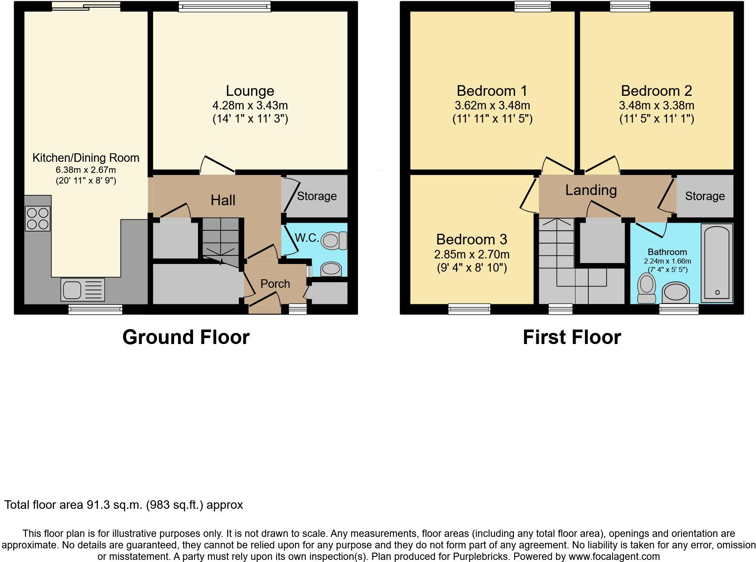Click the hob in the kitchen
pos(38,218)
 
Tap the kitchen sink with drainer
pos(83,290)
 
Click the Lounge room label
pos(250,91)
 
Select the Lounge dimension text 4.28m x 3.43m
pos(250,105)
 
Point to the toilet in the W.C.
pos(333,241)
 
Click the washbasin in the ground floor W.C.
pos(331,269)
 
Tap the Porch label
pos(275,284)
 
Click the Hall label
pos(223,200)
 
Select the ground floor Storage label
pos(317,196)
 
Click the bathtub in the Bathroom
pos(717,263)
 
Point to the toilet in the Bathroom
pos(647,288)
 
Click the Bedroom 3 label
pos(472,239)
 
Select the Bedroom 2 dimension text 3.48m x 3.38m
pos(656,105)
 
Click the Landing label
pos(591,190)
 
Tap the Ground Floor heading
pos(186,337)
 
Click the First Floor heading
pos(572,337)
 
